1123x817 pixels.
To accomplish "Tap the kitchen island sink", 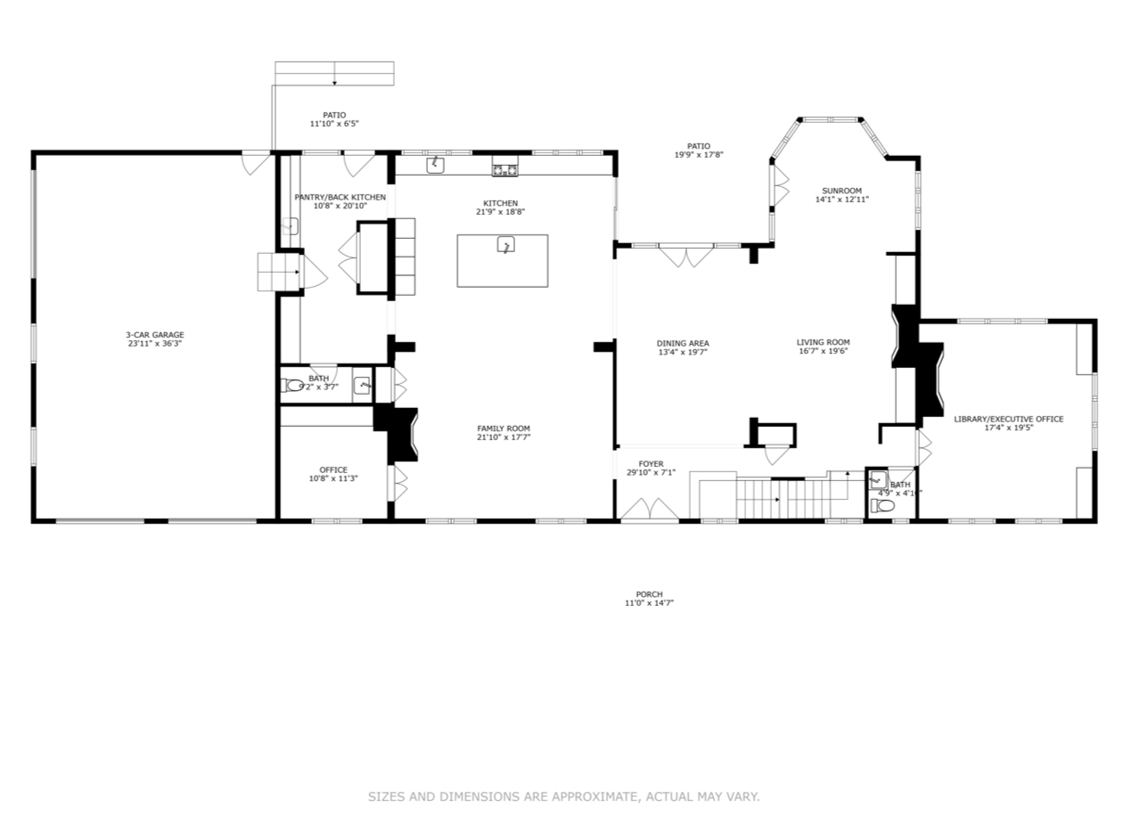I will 505,245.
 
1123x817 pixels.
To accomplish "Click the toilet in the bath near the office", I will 294,386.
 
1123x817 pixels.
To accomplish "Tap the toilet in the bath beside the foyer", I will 883,505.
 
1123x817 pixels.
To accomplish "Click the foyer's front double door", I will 650,511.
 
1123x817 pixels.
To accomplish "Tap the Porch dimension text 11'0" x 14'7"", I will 649,603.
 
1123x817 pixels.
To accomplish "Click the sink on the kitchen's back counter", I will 435,165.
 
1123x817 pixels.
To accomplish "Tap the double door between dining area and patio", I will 685,256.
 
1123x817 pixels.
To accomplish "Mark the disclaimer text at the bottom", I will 563,797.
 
